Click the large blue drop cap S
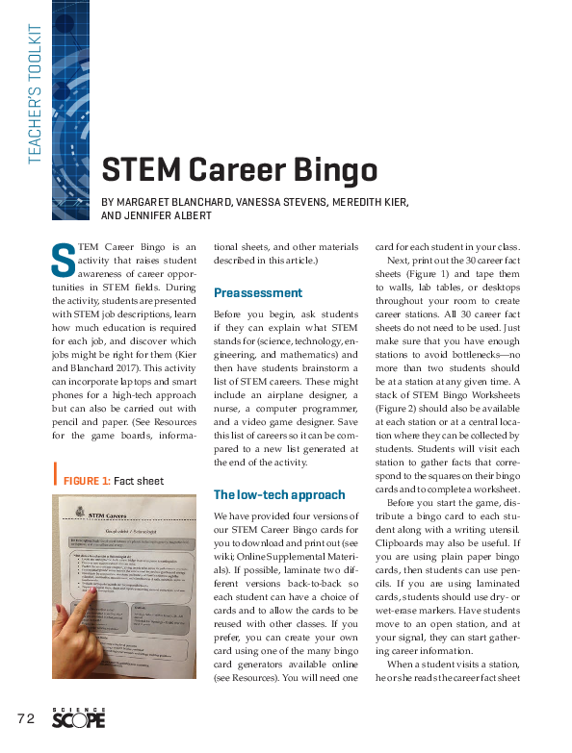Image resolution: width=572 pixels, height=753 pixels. (x=62, y=258)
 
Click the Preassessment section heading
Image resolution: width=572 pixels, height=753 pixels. (x=257, y=292)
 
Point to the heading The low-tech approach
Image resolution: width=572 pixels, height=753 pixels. (x=278, y=494)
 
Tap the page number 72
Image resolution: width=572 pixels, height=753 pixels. (x=25, y=718)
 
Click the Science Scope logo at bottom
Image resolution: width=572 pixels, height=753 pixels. (x=78, y=716)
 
